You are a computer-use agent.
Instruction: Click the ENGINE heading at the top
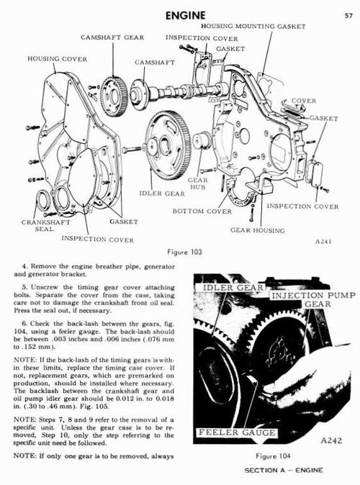185,15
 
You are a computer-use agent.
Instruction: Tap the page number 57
348,16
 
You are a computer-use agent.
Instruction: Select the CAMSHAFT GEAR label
112,37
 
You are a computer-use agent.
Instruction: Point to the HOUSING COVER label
58,59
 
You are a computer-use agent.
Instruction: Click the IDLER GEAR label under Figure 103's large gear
162,194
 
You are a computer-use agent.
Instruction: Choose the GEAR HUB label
198,183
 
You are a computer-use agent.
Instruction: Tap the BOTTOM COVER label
202,212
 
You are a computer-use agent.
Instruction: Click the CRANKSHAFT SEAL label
46,225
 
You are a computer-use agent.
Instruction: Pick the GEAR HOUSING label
258,230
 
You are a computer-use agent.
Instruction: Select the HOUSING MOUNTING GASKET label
253,27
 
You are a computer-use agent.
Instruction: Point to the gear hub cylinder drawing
202,141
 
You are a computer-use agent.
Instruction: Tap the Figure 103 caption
184,252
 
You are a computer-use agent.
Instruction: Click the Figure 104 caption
273,456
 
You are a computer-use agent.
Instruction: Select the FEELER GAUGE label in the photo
237,432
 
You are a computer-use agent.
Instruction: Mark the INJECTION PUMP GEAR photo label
314,300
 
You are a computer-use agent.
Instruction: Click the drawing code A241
323,242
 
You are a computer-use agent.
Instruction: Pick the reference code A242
331,440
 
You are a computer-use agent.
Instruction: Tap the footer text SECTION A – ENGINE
284,470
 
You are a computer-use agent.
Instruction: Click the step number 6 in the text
24,324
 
